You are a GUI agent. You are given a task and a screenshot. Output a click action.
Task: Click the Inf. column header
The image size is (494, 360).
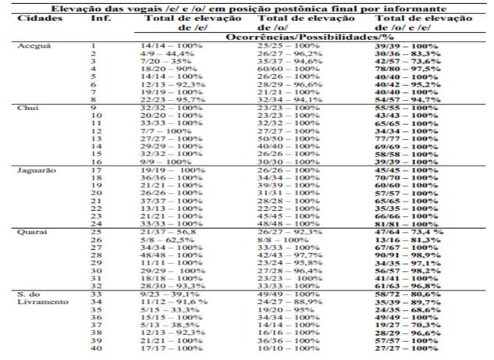[x=100, y=16]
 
